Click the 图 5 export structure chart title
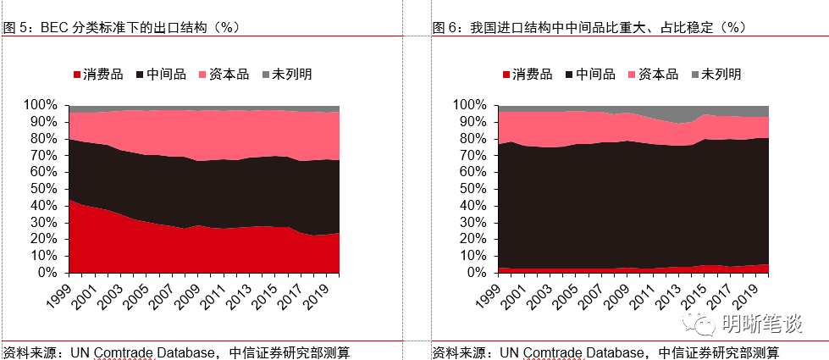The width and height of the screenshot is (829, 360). (123, 27)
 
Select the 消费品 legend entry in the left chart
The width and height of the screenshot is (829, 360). (96, 74)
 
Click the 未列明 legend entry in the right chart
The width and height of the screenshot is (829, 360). (716, 74)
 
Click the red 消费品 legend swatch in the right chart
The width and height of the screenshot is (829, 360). (506, 75)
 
